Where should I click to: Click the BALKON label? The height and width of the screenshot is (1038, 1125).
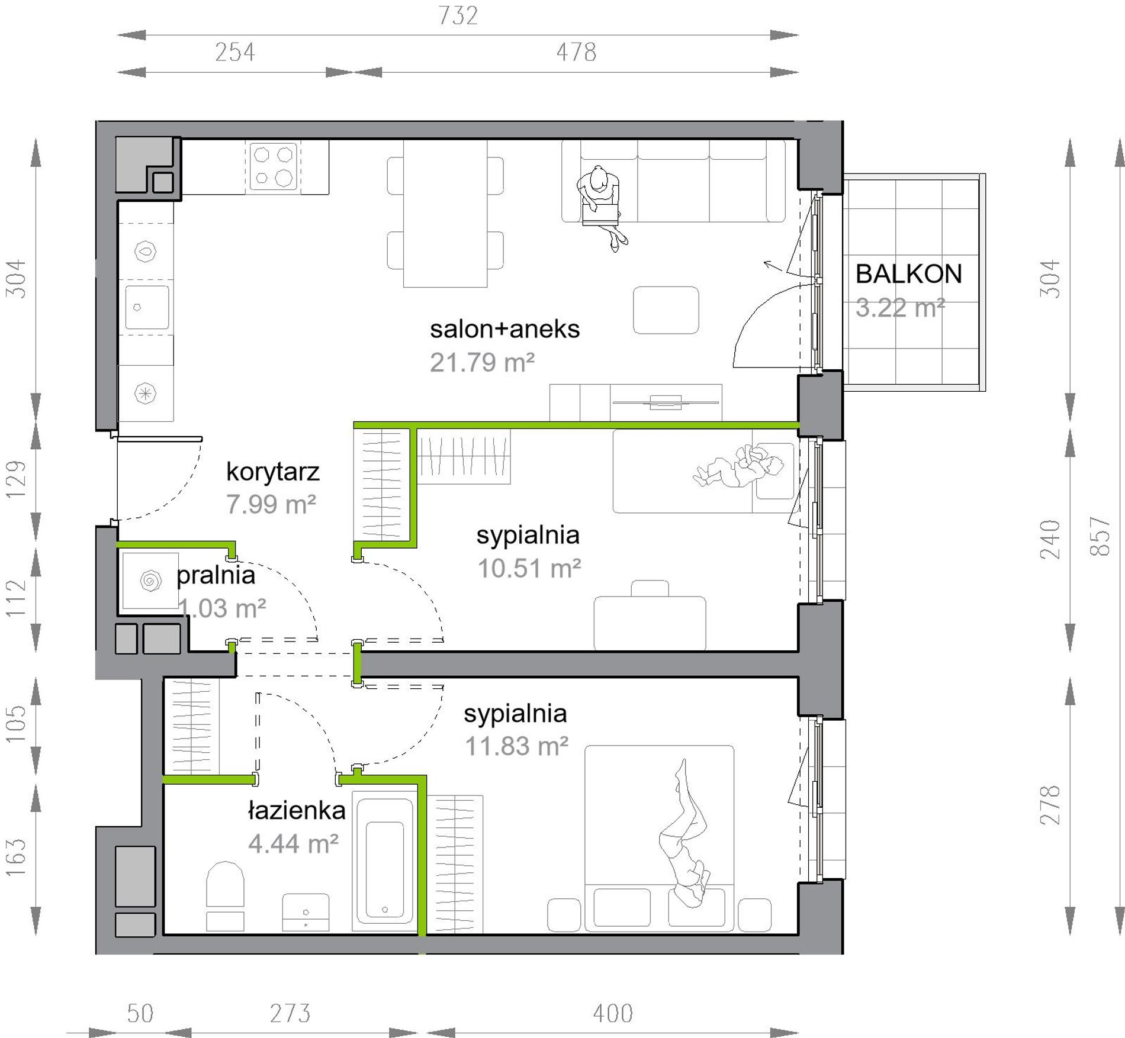click(x=908, y=274)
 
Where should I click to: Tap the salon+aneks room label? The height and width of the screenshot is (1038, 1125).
click(x=504, y=330)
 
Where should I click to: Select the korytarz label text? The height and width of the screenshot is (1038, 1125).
click(x=273, y=472)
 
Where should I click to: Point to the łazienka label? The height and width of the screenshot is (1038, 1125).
click(x=297, y=810)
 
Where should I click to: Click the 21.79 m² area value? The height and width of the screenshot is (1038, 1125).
click(x=482, y=363)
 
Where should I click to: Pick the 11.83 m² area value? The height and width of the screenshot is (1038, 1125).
click(x=516, y=746)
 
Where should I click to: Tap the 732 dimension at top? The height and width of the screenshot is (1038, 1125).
click(x=458, y=16)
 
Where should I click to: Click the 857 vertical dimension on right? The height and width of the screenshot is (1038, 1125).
click(x=1100, y=536)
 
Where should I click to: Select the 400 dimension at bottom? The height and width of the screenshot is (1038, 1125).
click(x=613, y=1014)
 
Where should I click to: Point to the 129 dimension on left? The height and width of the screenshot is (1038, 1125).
click(x=17, y=479)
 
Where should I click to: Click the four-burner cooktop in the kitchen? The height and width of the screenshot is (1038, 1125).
click(x=273, y=166)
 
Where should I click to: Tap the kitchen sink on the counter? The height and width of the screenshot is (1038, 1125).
click(x=147, y=307)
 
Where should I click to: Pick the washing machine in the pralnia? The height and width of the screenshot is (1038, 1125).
click(x=150, y=581)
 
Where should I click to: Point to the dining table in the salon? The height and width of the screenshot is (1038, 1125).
click(x=445, y=213)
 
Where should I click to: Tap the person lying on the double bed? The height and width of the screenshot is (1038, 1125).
click(x=684, y=835)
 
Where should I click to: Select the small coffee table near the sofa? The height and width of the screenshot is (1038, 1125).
click(x=666, y=310)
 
